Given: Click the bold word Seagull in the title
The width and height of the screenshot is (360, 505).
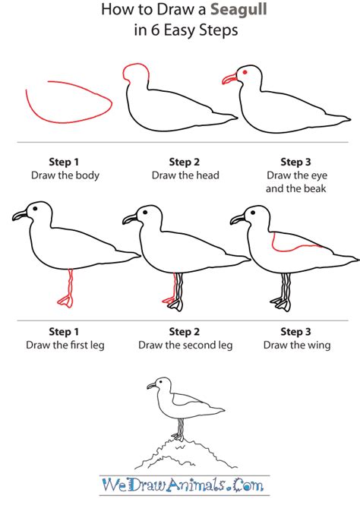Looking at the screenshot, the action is (x=238, y=9).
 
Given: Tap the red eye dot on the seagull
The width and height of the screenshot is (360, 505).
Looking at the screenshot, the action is (x=245, y=72).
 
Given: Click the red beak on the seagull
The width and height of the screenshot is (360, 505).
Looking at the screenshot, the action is (x=229, y=79).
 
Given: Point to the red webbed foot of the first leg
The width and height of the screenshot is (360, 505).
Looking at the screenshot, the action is (x=65, y=301).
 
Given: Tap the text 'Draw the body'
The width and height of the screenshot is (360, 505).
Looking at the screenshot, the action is (x=65, y=175).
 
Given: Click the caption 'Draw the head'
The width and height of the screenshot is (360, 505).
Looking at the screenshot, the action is (x=185, y=175).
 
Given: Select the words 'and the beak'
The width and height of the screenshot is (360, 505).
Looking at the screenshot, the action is (x=296, y=188).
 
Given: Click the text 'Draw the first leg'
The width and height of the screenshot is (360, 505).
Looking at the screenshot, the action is (x=65, y=346).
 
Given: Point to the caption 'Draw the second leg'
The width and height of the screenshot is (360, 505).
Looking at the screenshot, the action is (x=185, y=346).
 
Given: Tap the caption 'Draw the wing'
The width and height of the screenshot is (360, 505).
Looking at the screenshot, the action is (x=297, y=346).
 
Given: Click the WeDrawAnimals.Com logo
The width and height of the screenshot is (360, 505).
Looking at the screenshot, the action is (x=183, y=484).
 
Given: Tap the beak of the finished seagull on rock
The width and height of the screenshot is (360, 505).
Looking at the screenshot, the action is (x=151, y=386).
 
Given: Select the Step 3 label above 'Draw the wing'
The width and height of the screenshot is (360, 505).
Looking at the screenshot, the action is (x=295, y=332).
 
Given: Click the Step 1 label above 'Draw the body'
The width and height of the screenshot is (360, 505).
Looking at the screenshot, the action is (x=64, y=162).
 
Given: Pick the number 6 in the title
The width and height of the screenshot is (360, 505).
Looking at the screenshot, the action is (x=155, y=30).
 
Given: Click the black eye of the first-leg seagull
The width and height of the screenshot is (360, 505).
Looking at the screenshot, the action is (x=35, y=209).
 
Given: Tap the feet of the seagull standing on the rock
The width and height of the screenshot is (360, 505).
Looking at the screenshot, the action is (x=178, y=437).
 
